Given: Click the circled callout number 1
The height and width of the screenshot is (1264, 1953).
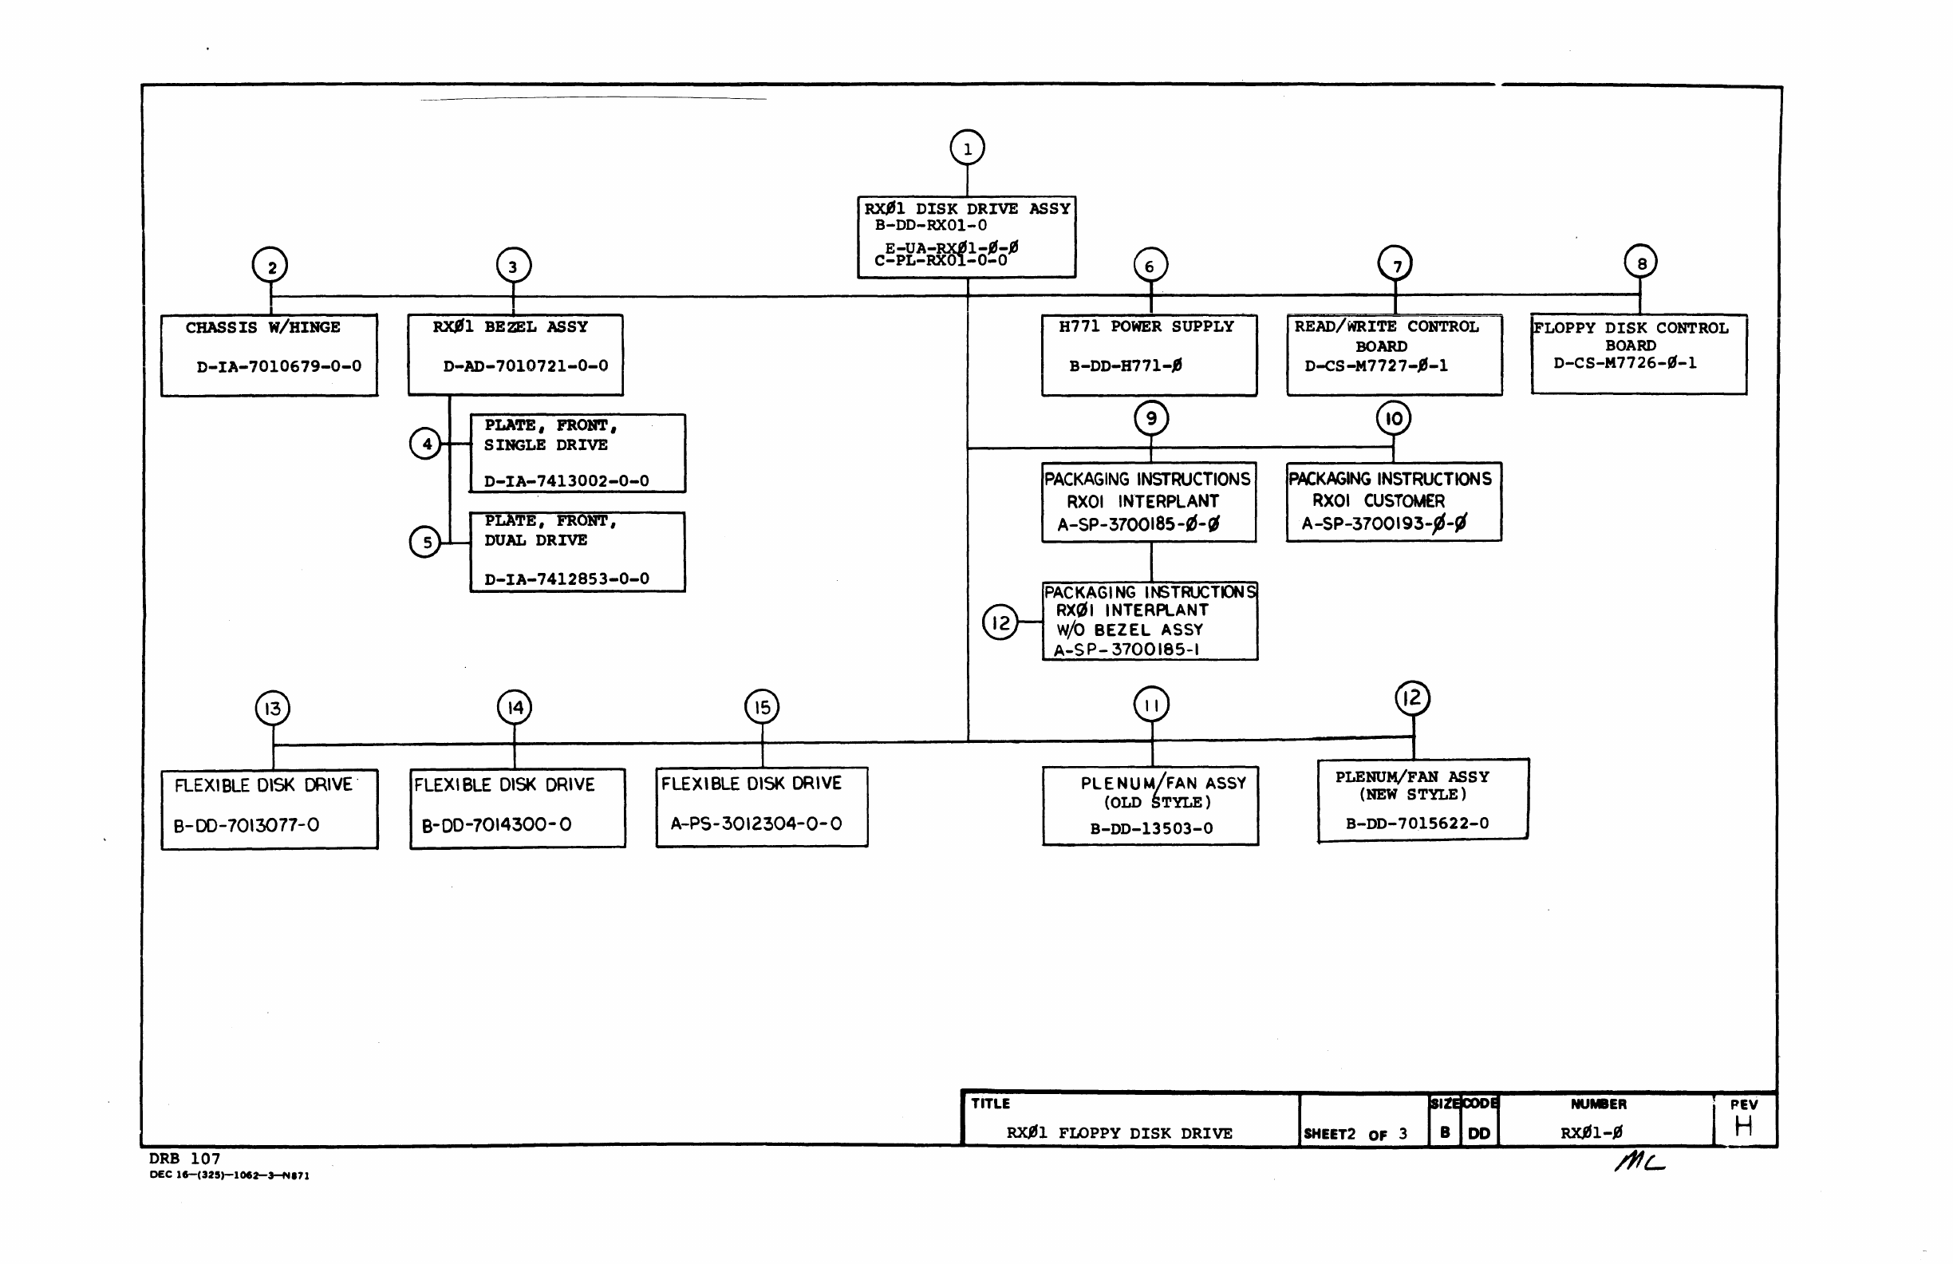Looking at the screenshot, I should (968, 148).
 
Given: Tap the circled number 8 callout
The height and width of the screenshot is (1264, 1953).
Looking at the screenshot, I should (1640, 263).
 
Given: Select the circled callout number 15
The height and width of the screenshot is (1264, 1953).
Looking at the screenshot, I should (762, 707).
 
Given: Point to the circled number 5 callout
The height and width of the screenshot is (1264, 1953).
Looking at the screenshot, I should (425, 542).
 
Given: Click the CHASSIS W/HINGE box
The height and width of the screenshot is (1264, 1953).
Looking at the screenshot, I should (269, 354).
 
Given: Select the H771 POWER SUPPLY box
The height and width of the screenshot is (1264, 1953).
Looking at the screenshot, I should (1149, 354).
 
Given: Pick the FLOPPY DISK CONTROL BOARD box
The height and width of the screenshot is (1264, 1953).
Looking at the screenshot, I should (1638, 354).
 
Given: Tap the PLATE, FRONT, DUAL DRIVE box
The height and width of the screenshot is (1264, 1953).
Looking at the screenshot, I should (577, 551).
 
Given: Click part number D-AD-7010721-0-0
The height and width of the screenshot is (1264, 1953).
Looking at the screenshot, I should (526, 366).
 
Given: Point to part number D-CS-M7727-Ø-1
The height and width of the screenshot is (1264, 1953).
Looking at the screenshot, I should (1376, 366).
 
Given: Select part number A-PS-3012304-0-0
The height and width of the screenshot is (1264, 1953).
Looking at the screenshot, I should (756, 824).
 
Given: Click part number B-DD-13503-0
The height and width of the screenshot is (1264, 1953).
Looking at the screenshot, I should (1151, 828).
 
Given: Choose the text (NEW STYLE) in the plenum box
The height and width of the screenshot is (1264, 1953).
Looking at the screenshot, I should (1412, 795).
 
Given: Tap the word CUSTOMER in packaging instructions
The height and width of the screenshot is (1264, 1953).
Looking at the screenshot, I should (1404, 500).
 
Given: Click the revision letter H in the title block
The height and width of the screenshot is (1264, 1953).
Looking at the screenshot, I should (1744, 1126).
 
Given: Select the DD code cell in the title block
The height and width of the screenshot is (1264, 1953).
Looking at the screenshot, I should (1478, 1133).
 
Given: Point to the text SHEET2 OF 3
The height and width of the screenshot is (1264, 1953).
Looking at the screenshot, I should (1355, 1134).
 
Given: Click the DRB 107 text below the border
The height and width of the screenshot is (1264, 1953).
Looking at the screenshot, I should (184, 1159).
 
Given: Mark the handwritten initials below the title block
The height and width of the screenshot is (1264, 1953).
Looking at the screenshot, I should (1639, 1161).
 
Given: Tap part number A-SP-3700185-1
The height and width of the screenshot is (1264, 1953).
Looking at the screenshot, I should (1126, 650).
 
